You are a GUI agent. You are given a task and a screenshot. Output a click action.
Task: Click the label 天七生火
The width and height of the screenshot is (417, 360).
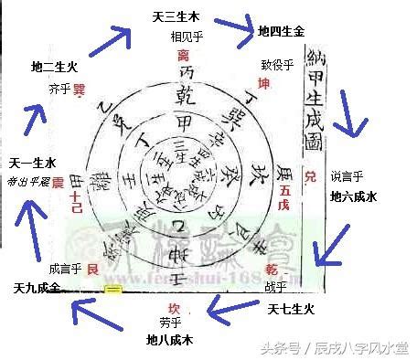[290, 310]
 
